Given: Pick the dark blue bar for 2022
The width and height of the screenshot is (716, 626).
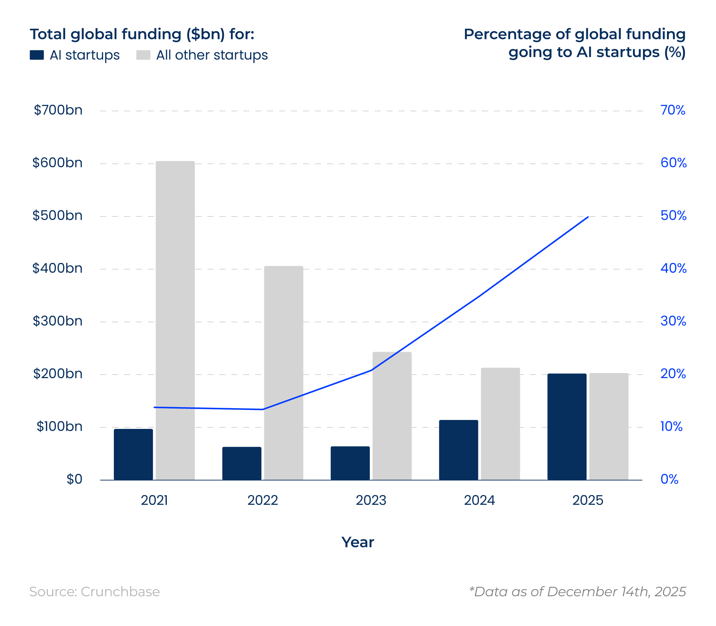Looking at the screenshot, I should (242, 463).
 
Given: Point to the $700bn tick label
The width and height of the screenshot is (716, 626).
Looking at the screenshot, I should (58, 110).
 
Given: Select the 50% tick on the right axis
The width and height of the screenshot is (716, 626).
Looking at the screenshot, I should (673, 216).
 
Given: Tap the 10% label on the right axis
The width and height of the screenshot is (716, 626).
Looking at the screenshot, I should (671, 426).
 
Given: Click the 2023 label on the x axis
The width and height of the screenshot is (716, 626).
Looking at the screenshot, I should (371, 500).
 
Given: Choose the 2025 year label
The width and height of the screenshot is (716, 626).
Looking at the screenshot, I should (587, 500).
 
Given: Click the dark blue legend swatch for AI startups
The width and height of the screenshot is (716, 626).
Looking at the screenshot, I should (37, 55).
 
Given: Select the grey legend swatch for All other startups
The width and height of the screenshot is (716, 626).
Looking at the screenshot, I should (143, 55).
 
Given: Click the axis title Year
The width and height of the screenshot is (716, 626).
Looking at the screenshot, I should (358, 542).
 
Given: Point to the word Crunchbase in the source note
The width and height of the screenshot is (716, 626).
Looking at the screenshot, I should (120, 592).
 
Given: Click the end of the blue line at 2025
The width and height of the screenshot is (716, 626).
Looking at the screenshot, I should (588, 217).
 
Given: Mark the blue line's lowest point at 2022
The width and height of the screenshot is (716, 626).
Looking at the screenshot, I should (263, 409).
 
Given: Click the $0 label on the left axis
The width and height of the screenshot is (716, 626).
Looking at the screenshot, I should (74, 479).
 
